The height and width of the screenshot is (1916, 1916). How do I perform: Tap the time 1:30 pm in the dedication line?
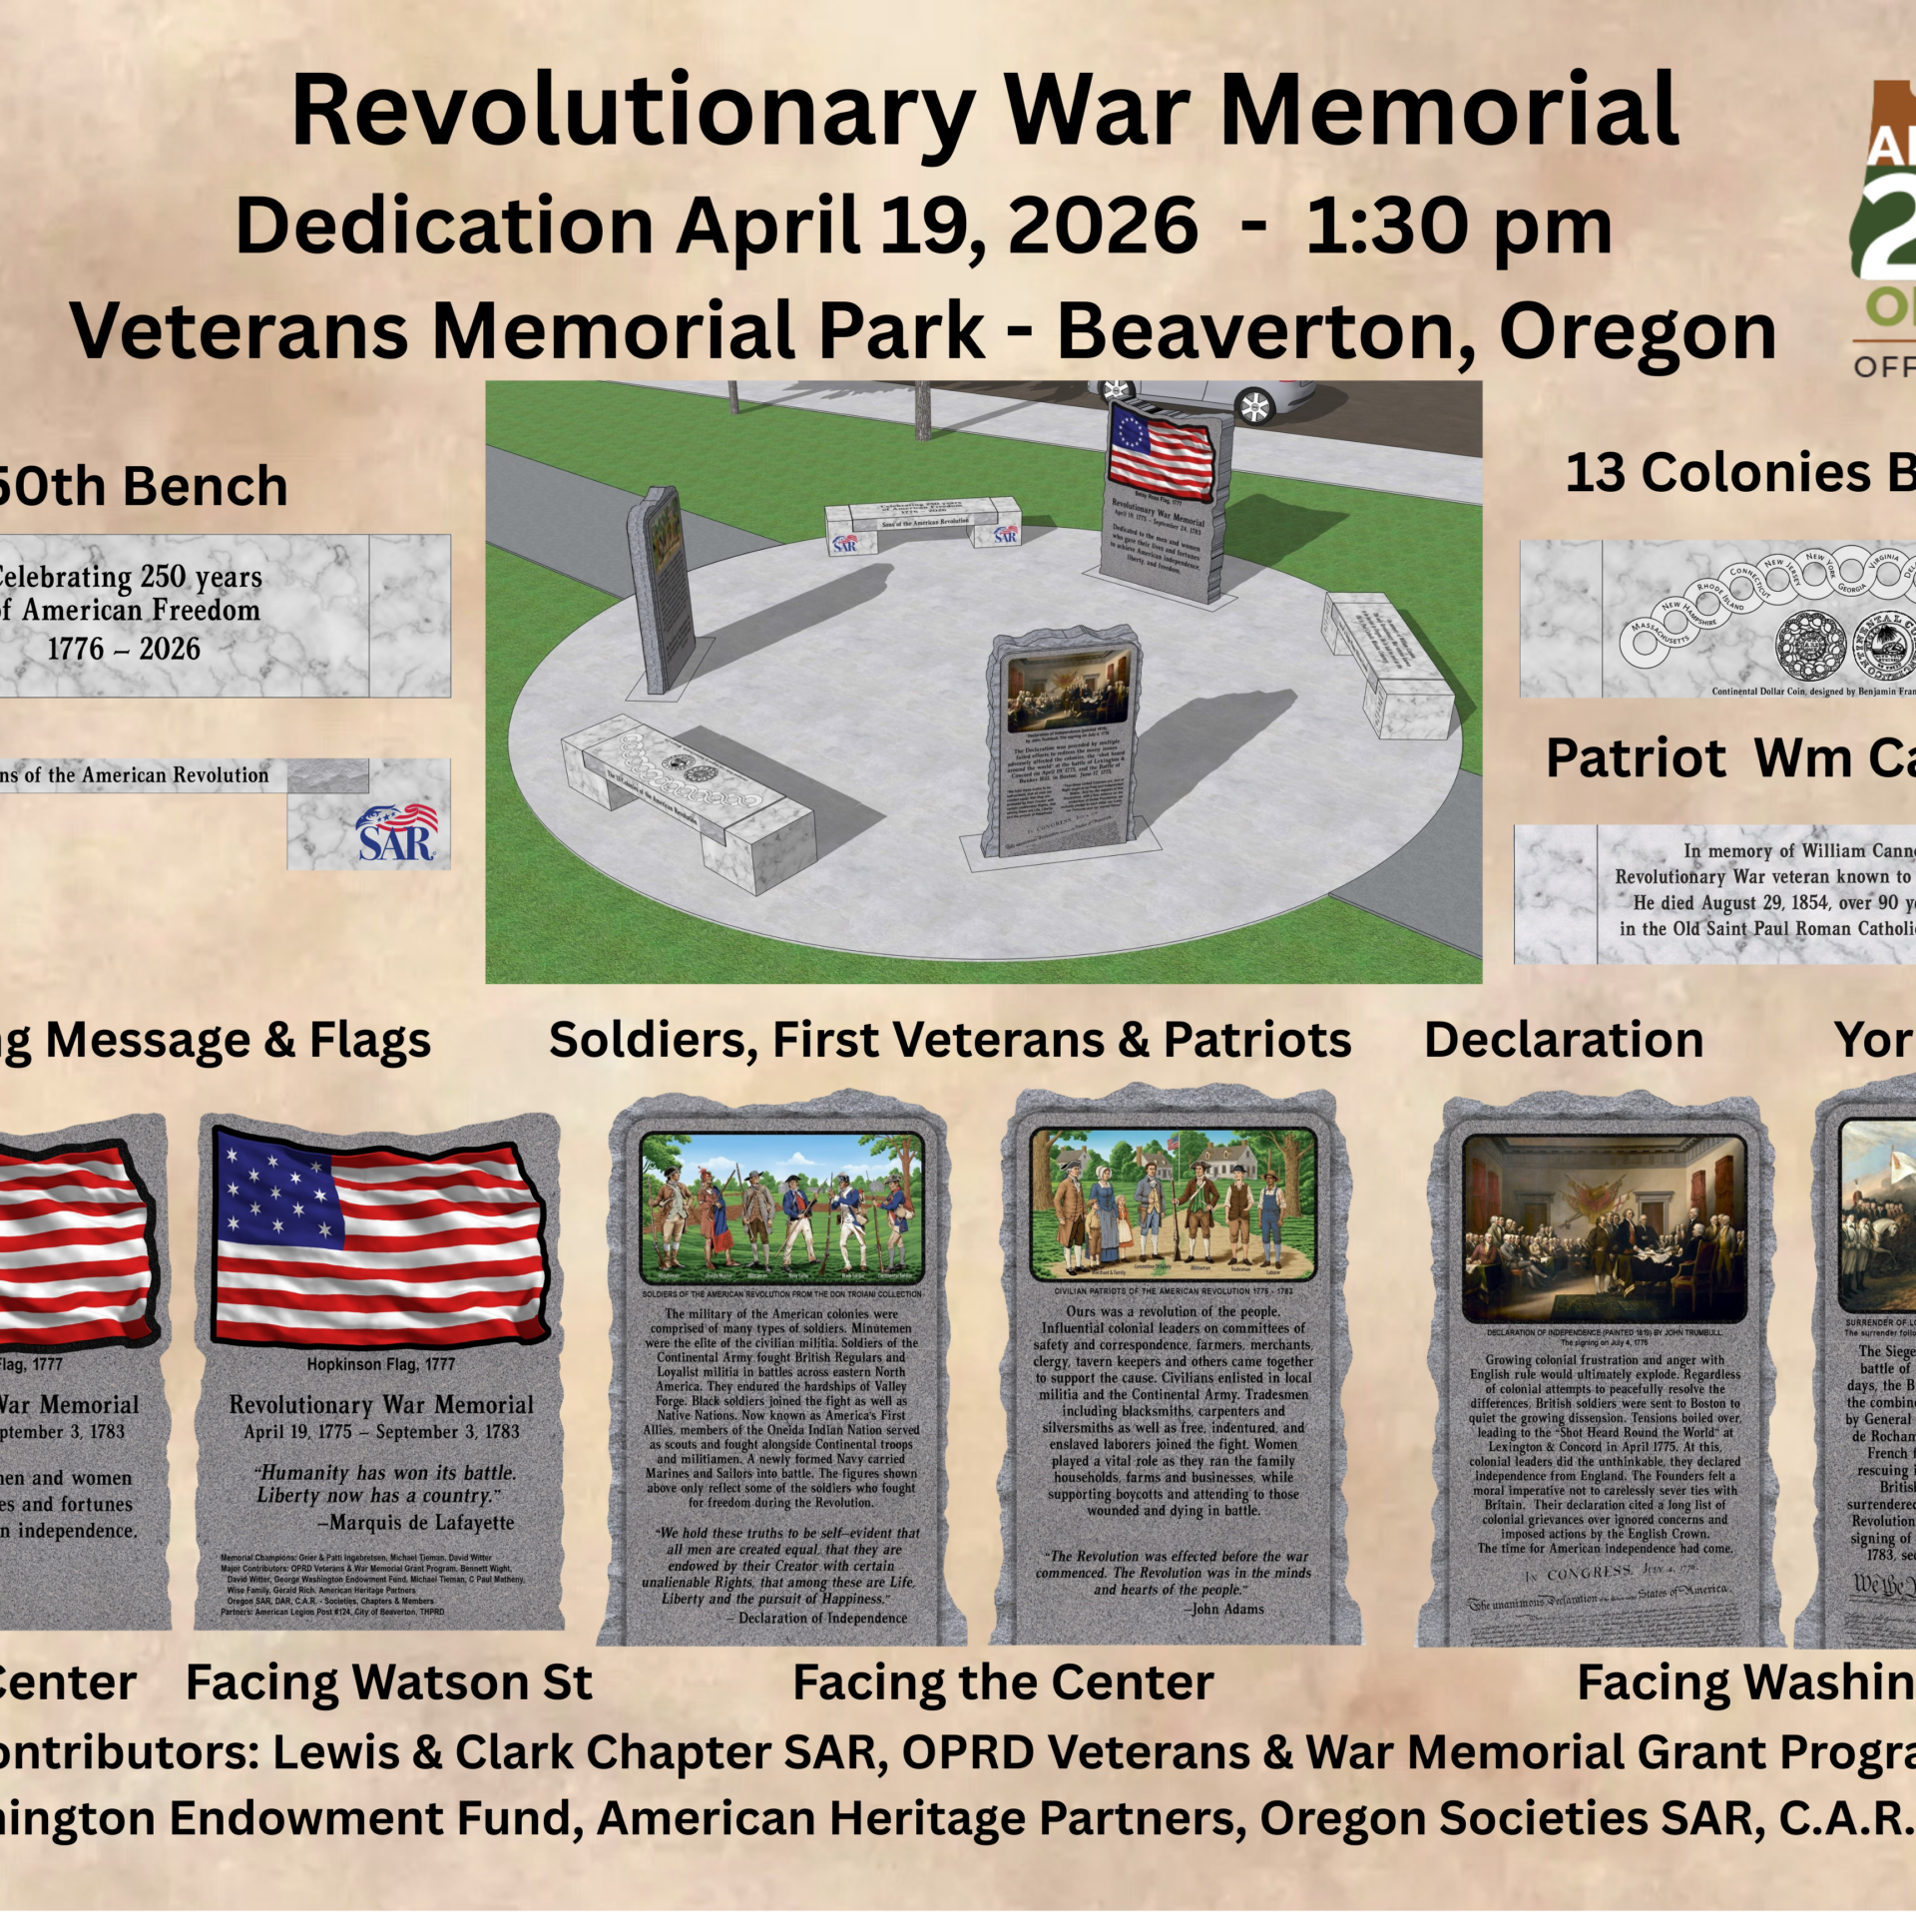[x=1458, y=227]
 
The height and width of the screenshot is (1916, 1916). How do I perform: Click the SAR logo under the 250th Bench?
[x=396, y=832]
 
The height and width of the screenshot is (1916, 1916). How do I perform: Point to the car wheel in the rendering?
[x=1253, y=406]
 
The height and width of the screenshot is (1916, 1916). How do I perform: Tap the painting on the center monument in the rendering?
[x=1069, y=690]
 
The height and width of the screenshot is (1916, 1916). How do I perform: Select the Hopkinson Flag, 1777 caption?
[x=380, y=1364]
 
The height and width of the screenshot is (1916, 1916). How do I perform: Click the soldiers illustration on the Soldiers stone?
[x=781, y=1206]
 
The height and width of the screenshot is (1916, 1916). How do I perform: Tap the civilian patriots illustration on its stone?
[x=1173, y=1203]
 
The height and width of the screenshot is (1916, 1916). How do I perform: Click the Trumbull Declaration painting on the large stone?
[x=1605, y=1228]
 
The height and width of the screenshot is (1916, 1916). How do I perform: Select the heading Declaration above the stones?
[x=1563, y=1040]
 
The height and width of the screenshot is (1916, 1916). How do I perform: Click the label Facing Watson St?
[x=389, y=1682]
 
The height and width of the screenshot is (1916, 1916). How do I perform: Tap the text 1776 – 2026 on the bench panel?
[x=124, y=649]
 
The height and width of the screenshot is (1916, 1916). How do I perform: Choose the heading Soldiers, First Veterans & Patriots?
[x=950, y=1040]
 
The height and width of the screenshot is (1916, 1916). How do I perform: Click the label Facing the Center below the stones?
[x=1003, y=1682]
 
